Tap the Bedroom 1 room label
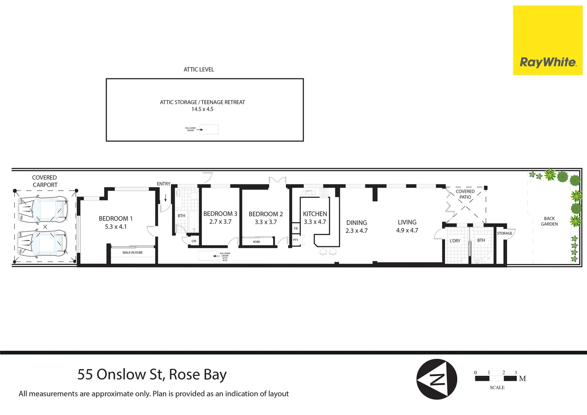point(116,218)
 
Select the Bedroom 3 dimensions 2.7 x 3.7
point(220,222)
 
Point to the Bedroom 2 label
point(265,214)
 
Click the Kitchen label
point(315,214)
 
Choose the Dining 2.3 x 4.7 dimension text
point(357,231)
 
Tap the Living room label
point(407,222)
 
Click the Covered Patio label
point(465,194)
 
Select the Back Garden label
point(549,221)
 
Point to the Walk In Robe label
point(133,252)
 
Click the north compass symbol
point(437,379)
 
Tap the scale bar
point(496,378)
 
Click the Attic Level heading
point(199,70)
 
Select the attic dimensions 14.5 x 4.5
point(202,109)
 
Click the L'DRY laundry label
point(455,241)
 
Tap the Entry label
point(163,184)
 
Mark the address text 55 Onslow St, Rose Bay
point(152,374)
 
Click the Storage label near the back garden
point(504,233)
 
